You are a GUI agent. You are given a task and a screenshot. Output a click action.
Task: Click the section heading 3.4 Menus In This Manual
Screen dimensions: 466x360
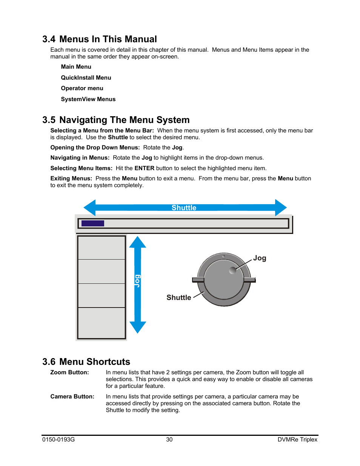point(100,39)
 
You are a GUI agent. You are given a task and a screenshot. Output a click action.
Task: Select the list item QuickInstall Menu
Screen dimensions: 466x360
point(86,78)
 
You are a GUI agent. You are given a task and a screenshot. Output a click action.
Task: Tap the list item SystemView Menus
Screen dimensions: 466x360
point(88,99)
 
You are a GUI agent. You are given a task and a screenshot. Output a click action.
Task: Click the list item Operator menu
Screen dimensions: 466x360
point(82,88)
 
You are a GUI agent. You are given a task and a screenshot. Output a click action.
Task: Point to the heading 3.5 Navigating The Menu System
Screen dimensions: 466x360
point(116,120)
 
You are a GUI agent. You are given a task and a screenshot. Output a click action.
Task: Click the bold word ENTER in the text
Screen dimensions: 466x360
point(145,168)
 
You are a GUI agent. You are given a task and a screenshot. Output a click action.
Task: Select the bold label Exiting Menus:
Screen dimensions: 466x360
point(71,178)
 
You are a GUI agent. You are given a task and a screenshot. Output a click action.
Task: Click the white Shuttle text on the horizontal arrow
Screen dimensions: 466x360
point(184,208)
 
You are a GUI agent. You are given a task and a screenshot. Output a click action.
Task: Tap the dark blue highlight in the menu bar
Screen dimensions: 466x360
point(93,223)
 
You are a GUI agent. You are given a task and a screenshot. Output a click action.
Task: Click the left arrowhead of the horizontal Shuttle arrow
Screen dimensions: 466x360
point(90,208)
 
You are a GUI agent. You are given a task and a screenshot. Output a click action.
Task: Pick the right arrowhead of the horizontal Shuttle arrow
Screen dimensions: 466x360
point(281,208)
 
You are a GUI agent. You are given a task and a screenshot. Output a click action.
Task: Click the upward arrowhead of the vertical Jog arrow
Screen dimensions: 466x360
point(138,242)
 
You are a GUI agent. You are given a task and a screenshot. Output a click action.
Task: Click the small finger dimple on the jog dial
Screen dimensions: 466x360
point(233,270)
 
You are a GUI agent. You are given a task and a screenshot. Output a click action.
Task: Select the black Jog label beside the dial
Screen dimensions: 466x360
point(260,258)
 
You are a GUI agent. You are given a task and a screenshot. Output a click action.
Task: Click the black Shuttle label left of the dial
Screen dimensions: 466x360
point(179,298)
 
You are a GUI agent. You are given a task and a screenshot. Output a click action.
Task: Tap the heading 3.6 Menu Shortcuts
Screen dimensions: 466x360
point(86,362)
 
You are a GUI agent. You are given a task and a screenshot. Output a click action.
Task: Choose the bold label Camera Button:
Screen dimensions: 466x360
point(72,397)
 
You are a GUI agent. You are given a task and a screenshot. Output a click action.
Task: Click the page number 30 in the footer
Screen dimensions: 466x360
point(169,440)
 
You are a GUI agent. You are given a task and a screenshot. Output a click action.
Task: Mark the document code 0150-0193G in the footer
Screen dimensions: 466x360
point(58,440)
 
